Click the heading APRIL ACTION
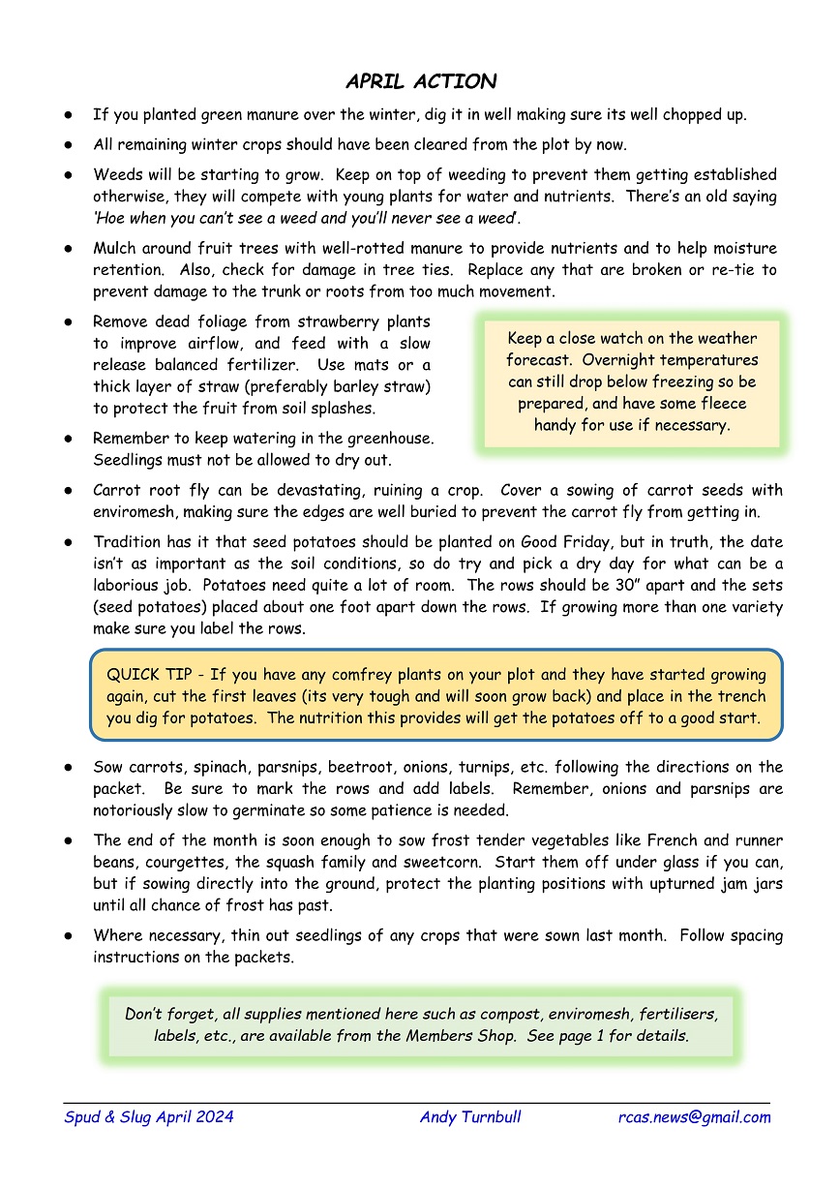point(420,81)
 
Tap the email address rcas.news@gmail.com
point(694,1117)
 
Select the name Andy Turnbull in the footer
point(470,1117)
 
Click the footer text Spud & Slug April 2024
point(148,1117)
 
